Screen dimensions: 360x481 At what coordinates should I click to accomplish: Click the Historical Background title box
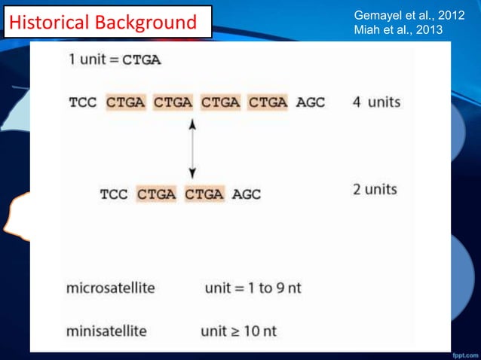(x=105, y=23)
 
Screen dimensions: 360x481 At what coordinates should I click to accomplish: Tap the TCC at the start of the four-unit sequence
(x=83, y=102)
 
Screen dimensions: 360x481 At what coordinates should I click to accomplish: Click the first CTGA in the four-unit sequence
(x=127, y=102)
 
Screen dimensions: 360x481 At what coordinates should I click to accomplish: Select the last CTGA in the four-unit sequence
(x=268, y=102)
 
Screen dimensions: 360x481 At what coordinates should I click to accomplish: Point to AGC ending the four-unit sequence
(x=310, y=102)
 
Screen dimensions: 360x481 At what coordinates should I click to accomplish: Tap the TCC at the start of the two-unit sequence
(x=115, y=194)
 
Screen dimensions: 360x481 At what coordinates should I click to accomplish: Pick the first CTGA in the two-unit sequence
(x=157, y=194)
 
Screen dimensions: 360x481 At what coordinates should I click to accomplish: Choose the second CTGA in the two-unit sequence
(x=204, y=194)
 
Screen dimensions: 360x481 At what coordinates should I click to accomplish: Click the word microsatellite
(x=113, y=288)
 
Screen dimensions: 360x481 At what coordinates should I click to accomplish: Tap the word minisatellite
(x=106, y=330)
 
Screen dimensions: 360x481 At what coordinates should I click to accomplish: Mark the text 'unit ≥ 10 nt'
(x=238, y=330)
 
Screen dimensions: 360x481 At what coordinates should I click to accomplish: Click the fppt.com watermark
(x=461, y=352)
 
